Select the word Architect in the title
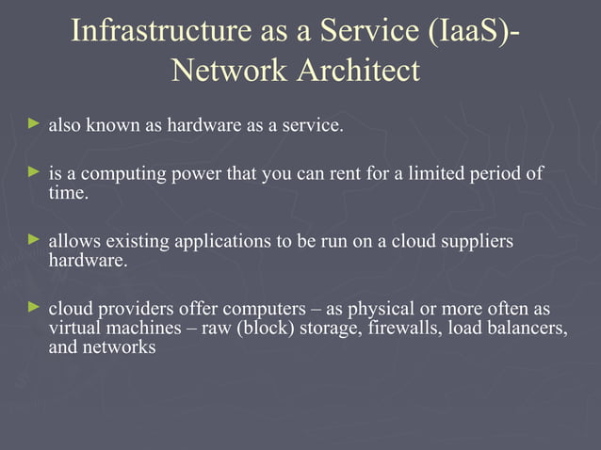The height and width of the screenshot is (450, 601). (x=359, y=70)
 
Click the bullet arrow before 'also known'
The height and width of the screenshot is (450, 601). (x=35, y=123)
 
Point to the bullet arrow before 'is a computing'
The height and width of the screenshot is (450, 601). (x=35, y=173)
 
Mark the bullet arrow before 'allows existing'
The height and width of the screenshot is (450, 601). (x=35, y=240)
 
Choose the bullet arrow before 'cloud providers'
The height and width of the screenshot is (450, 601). (x=35, y=307)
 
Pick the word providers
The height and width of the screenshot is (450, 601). (x=135, y=309)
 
